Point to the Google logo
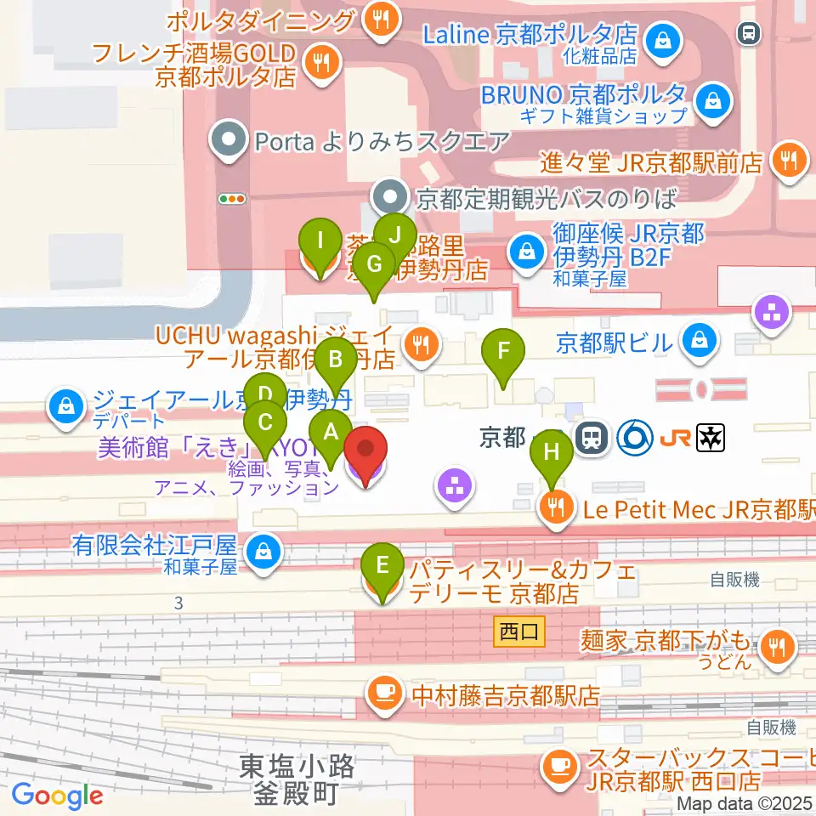pyautogui.click(x=57, y=796)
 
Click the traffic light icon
pyautogui.click(x=231, y=199)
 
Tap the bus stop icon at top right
pyautogui.click(x=749, y=33)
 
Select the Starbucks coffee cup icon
pyautogui.click(x=559, y=765)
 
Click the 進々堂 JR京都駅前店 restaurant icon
pyautogui.click(x=787, y=160)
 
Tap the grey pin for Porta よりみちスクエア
pyautogui.click(x=228, y=139)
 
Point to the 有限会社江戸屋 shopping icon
pyautogui.click(x=260, y=551)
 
